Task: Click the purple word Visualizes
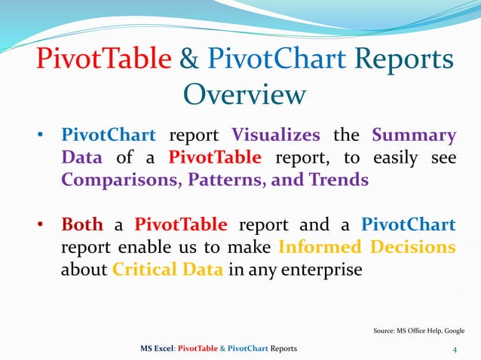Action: click(276, 136)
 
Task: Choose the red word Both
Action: click(82, 225)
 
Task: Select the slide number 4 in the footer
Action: click(455, 349)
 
